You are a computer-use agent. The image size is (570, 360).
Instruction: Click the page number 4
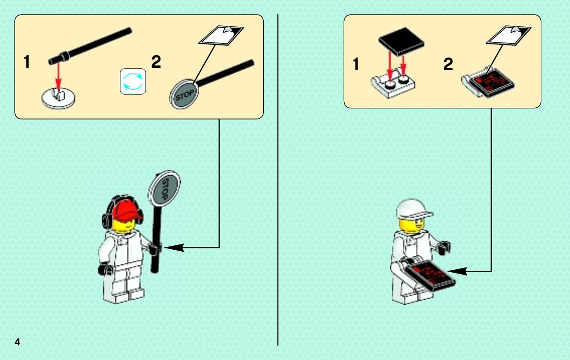pyautogui.click(x=17, y=342)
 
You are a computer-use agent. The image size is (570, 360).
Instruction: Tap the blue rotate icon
pyautogui.click(x=133, y=81)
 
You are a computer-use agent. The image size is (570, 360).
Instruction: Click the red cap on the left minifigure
pyautogui.click(x=125, y=211)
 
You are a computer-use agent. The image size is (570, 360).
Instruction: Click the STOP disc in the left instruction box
pyautogui.click(x=183, y=95)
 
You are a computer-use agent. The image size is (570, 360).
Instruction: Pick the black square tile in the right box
pyautogui.click(x=401, y=41)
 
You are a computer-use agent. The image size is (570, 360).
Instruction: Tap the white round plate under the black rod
pyautogui.click(x=59, y=98)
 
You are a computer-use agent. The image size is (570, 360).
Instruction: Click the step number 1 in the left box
pyautogui.click(x=26, y=62)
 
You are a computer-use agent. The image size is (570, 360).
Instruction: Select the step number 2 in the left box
pyautogui.click(x=156, y=62)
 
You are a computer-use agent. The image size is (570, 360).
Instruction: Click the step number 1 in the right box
pyautogui.click(x=356, y=64)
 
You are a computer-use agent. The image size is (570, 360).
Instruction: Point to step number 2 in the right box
pyautogui.click(x=448, y=64)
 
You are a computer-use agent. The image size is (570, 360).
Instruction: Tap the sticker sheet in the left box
pyautogui.click(x=221, y=35)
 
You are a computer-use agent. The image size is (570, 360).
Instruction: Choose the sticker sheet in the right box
pyautogui.click(x=509, y=35)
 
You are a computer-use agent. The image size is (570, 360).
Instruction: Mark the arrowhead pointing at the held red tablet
pyautogui.click(x=457, y=271)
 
